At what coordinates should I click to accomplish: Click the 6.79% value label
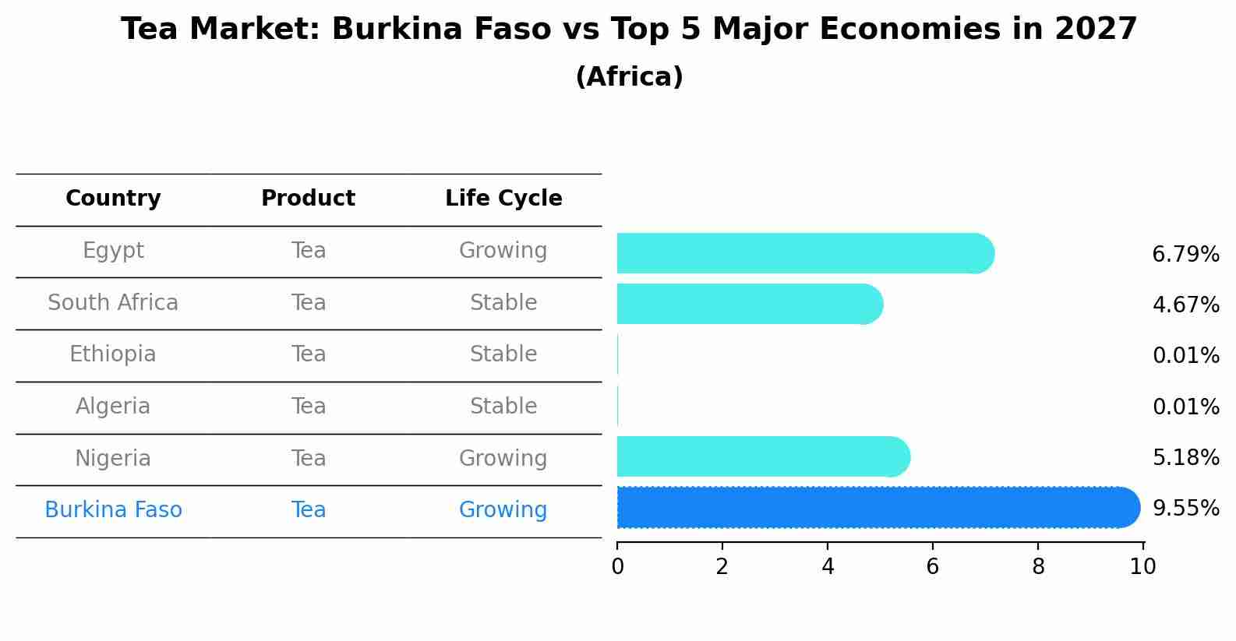click(1185, 255)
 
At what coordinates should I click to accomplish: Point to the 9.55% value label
click(1185, 509)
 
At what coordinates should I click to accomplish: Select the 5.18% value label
click(1185, 458)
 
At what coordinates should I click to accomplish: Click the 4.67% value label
click(1185, 305)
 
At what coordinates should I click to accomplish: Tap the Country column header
click(113, 199)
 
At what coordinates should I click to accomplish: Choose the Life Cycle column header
click(503, 199)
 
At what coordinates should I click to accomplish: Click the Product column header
click(308, 199)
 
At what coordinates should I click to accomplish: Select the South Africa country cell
click(113, 303)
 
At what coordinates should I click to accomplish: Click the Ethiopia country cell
click(113, 354)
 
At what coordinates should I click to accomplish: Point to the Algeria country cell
click(113, 407)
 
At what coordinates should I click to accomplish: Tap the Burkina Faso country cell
click(113, 510)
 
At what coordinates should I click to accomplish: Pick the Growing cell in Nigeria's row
click(503, 459)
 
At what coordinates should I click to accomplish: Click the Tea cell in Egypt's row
click(309, 251)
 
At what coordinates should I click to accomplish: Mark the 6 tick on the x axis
click(932, 566)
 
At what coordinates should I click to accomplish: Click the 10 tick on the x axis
click(1142, 566)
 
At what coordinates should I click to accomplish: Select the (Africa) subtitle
click(629, 77)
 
